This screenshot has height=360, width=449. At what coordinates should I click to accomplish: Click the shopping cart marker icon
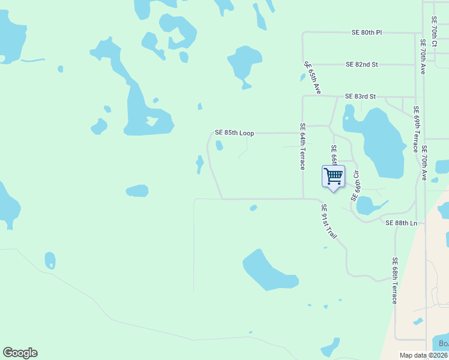(333, 176)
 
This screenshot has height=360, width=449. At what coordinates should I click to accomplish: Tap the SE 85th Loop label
(235, 133)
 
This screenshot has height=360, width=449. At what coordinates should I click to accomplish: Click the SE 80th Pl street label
(367, 32)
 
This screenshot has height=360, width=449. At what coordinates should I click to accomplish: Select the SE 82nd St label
(361, 64)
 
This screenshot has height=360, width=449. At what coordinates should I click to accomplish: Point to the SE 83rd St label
(360, 96)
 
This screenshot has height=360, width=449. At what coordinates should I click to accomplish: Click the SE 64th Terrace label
(303, 146)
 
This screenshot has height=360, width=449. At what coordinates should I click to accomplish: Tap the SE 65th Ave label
(313, 77)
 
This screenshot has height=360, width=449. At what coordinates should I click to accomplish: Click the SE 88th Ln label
(401, 223)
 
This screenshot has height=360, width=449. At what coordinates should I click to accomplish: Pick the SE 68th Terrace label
(394, 280)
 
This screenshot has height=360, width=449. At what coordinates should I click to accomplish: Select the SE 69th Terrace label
(415, 130)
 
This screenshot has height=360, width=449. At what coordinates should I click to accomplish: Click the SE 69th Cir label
(355, 185)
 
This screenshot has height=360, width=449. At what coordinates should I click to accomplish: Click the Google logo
(20, 353)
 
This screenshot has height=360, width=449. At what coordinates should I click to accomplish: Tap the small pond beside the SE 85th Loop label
(219, 145)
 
